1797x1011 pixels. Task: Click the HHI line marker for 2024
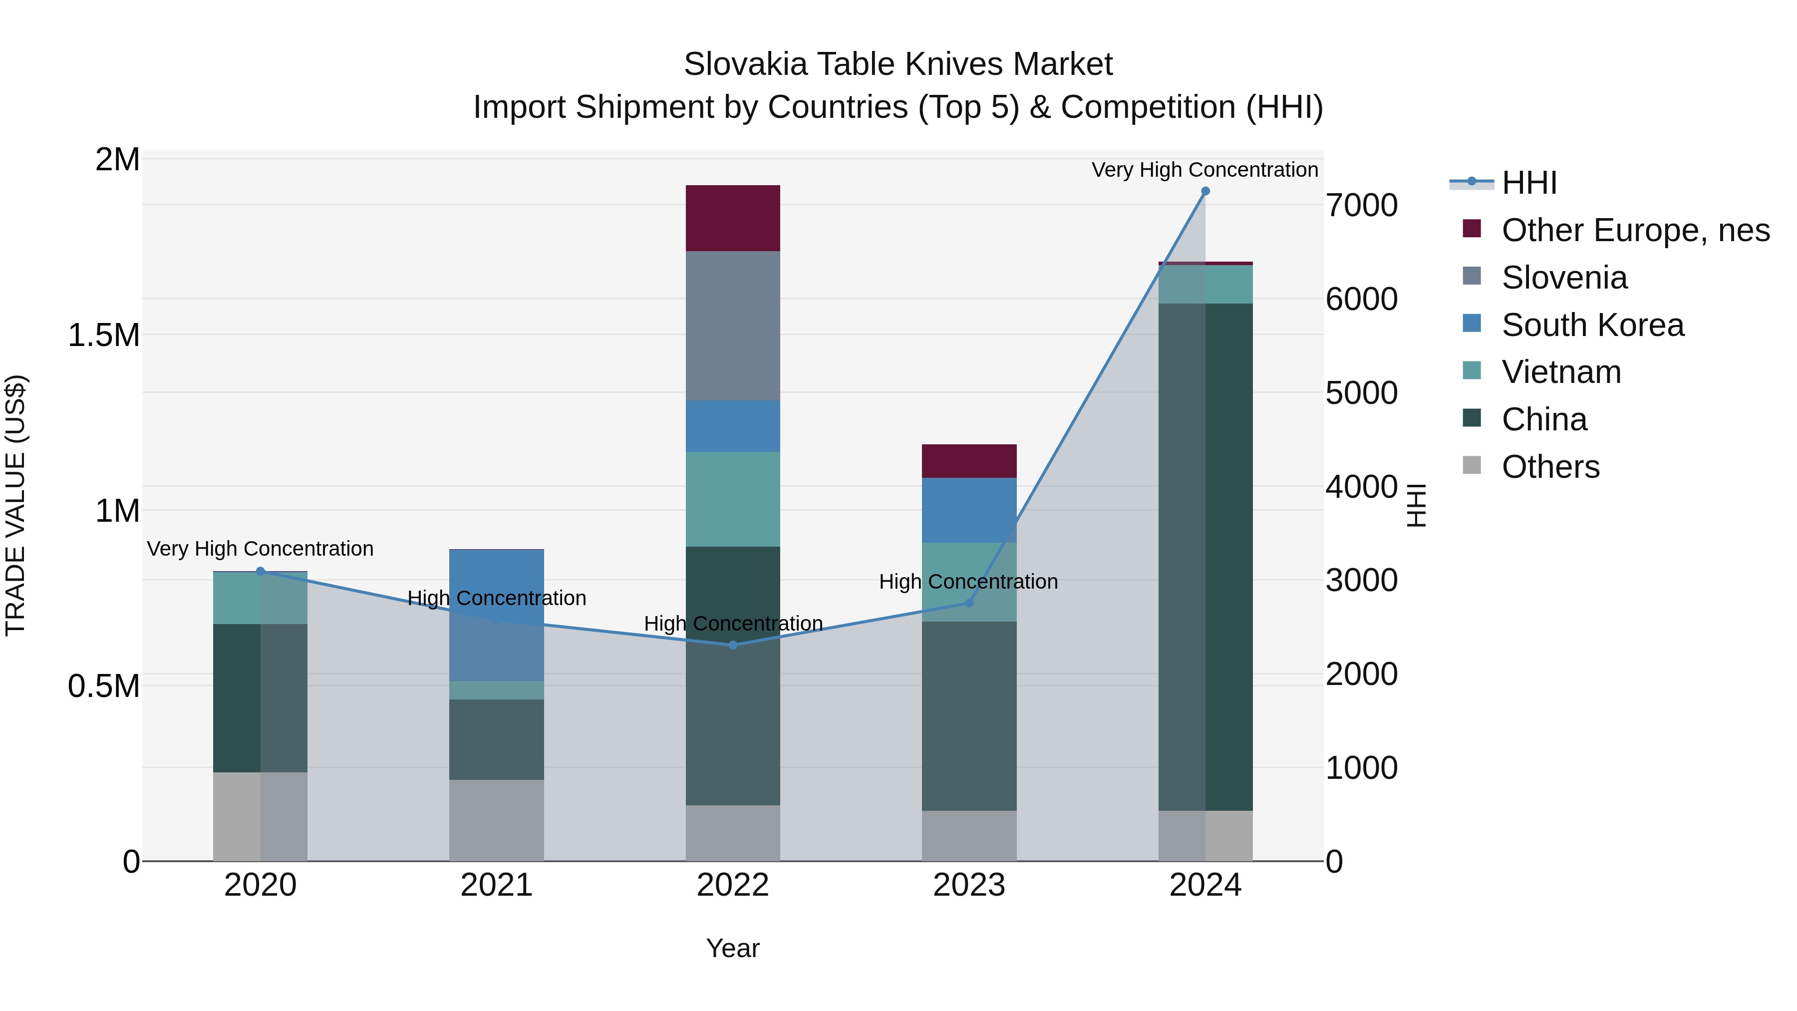click(x=1205, y=191)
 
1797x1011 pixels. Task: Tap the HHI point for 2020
click(x=260, y=572)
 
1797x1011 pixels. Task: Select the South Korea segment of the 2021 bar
click(x=496, y=614)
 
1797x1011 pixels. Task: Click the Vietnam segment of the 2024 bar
click(x=1205, y=285)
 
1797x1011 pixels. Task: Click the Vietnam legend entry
click(x=1561, y=372)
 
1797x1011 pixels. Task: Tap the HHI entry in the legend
click(x=1528, y=183)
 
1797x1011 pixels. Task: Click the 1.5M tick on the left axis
click(x=103, y=336)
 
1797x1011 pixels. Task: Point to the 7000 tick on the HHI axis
click(x=1361, y=206)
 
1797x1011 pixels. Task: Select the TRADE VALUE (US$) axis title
click(x=15, y=505)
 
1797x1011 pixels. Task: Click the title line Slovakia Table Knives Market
click(x=898, y=64)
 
